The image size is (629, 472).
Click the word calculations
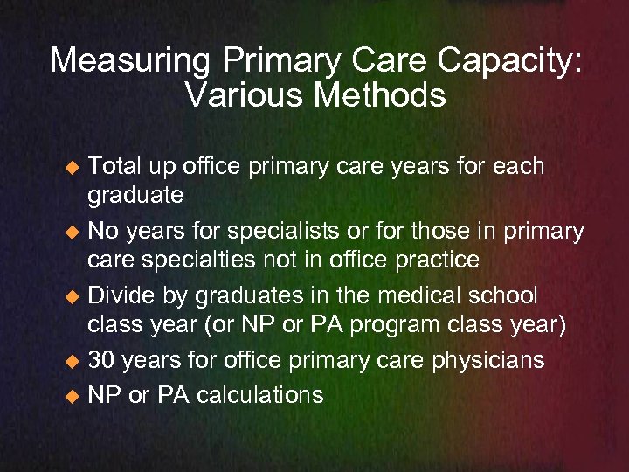[259, 394]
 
